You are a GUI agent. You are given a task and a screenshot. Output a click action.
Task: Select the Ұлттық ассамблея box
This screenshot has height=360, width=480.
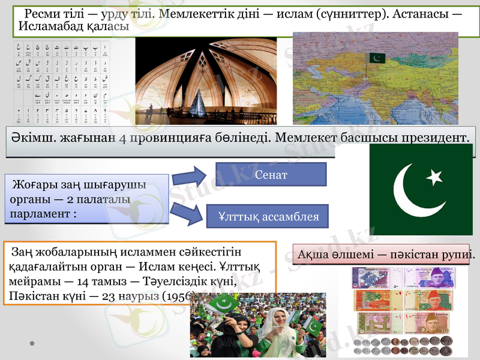coord(268,216)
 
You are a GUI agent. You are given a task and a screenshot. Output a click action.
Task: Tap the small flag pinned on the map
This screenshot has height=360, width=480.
coord(376,58)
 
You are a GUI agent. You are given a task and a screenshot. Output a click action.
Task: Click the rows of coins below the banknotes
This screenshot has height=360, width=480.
coord(403,346)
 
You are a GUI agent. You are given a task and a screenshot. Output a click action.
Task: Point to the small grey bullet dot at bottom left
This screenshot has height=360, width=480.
coord(31,344)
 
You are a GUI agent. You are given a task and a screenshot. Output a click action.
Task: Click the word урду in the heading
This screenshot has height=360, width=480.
coord(120,13)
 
